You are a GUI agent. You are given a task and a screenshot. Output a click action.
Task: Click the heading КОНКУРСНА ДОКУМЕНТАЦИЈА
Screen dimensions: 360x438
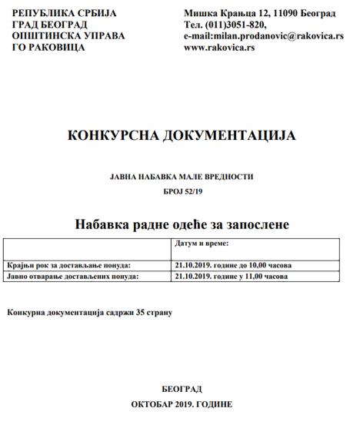pos(182,136)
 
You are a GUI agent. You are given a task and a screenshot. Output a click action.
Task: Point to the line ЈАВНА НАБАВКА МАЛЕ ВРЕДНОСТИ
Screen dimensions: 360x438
pos(182,177)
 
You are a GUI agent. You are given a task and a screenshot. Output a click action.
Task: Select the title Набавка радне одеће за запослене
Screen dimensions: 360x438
pos(182,225)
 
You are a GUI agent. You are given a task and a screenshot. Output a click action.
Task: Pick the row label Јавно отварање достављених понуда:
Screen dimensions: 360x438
pos(71,277)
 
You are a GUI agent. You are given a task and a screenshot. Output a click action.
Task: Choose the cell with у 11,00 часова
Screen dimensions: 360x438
pos(232,277)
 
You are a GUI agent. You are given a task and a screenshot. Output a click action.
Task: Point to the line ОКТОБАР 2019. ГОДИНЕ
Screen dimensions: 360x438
pos(182,404)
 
